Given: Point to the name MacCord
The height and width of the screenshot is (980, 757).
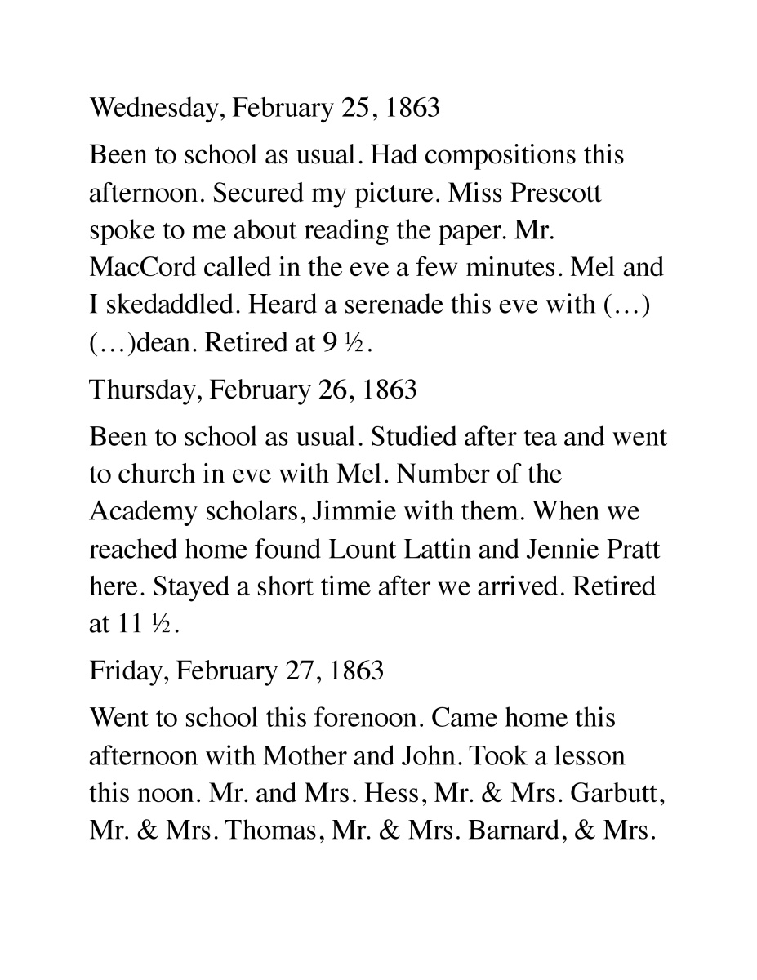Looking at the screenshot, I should pyautogui.click(x=146, y=267).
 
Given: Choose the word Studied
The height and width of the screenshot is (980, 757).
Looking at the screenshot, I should pyautogui.click(x=413, y=437).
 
